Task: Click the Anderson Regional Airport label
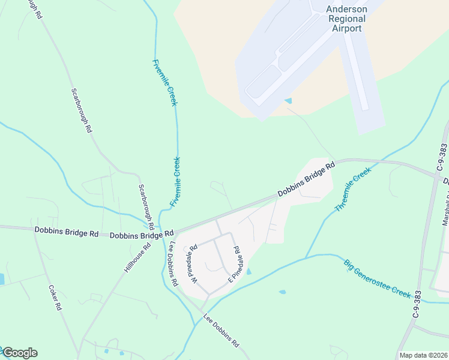click(x=346, y=19)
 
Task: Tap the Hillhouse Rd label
click(x=137, y=257)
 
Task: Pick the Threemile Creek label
click(x=354, y=188)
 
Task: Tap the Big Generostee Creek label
click(x=377, y=279)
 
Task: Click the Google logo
click(x=20, y=353)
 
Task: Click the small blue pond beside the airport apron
click(x=288, y=101)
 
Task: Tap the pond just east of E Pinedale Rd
click(x=249, y=272)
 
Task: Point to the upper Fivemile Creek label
click(x=165, y=83)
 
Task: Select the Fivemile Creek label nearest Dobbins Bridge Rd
click(x=175, y=182)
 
